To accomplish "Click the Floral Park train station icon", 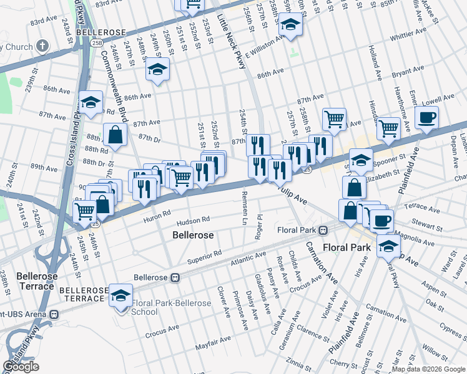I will click(323, 230).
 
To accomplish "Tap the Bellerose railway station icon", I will click(177, 276).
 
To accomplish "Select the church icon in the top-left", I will click(42, 46).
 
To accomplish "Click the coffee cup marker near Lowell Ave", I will click(426, 118).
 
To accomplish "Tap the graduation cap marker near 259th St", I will click(290, 26).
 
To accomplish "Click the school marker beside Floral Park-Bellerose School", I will click(120, 295).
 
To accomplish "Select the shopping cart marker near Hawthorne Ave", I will click(388, 129).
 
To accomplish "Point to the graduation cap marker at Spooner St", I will click(361, 160).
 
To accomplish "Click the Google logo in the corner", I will click(21, 367).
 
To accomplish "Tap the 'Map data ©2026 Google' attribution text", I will click(428, 369).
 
